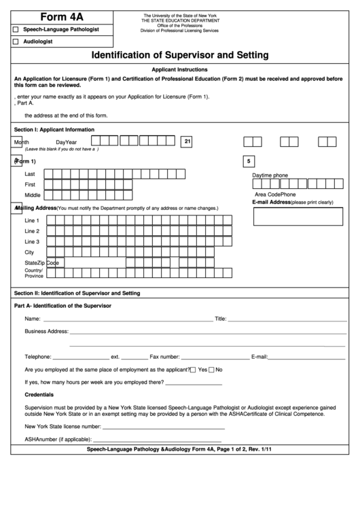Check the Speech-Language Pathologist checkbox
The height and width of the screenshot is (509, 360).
16,30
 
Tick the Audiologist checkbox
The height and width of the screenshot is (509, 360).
16,42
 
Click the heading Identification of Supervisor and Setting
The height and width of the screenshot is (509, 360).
179,55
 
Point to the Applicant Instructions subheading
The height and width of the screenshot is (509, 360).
179,70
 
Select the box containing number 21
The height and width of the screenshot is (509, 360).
187,141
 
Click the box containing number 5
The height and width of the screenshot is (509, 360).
249,162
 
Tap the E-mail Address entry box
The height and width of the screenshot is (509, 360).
298,216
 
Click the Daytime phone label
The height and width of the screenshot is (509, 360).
270,175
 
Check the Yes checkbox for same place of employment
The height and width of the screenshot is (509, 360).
194,370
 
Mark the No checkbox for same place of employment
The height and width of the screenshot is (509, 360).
211,370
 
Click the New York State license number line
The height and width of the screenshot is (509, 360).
164,427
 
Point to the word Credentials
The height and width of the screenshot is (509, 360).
39,395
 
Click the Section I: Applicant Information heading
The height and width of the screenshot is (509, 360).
54,129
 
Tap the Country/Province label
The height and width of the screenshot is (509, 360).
34,273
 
